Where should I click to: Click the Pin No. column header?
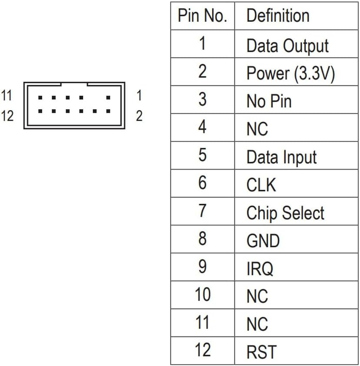(x=202, y=16)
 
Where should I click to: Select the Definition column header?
(x=278, y=16)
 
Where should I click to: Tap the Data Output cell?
(x=287, y=45)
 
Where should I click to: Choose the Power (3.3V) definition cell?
(x=290, y=73)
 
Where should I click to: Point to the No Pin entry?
(x=269, y=101)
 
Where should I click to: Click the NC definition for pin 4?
(x=257, y=129)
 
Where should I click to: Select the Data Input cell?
(x=281, y=157)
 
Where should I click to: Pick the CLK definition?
(x=261, y=185)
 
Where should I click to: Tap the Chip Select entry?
(x=285, y=213)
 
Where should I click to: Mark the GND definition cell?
(x=263, y=241)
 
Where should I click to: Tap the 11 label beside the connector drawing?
(x=7, y=95)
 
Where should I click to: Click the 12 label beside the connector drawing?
(x=7, y=116)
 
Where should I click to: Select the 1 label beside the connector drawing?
(x=139, y=95)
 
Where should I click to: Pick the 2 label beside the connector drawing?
(x=139, y=116)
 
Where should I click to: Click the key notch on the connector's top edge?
(x=74, y=84)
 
